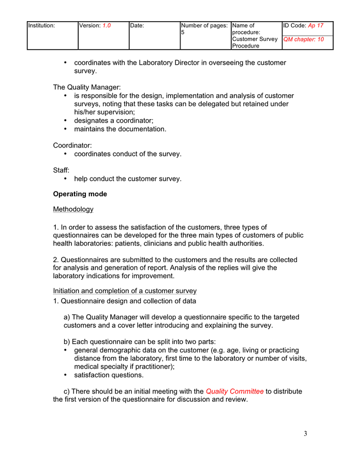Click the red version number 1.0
pos(107,25)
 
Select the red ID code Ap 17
pos(316,25)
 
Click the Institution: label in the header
pos(41,25)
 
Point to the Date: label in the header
pos(137,25)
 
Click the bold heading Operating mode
pos(80,194)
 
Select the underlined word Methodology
pos(73,209)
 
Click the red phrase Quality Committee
pos(234,391)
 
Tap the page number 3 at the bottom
pos(305,434)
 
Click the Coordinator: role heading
pos(72,145)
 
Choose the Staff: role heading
pos(61,170)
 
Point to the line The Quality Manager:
pos(86,88)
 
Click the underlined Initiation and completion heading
pos(125,291)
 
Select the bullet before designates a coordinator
pos(65,121)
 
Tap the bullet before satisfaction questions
pos(65,375)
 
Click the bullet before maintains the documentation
pos(65,129)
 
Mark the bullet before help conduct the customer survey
pos(65,179)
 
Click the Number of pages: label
pos(204,25)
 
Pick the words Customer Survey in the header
pos(254,39)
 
